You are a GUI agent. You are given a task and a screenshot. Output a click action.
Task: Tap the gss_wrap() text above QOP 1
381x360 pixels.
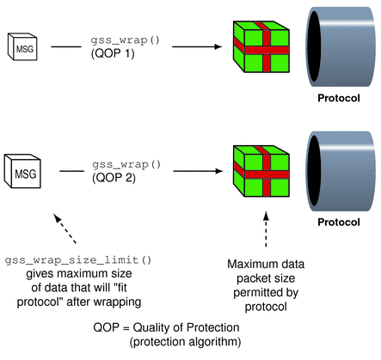point(120,41)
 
